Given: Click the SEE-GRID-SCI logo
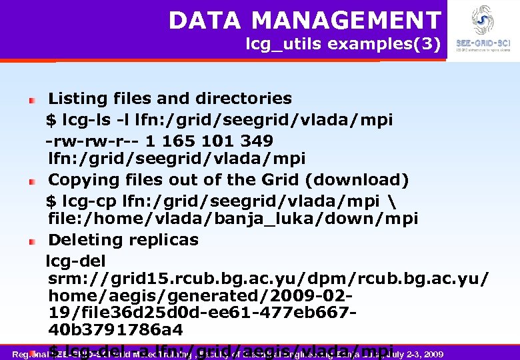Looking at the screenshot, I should tap(483, 27).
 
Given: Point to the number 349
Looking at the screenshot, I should tap(258, 141).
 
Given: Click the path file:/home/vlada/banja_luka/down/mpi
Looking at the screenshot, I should tap(233, 219).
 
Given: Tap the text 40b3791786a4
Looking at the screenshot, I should tap(115, 330).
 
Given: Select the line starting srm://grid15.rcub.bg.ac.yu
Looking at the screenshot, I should tap(267, 277).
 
